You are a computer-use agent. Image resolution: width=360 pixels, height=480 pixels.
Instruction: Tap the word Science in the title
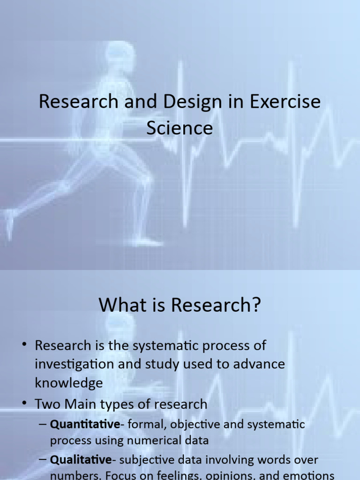180,127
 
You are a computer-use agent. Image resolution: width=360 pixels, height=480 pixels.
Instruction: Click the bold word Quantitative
85,425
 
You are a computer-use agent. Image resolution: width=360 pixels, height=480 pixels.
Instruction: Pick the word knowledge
68,383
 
